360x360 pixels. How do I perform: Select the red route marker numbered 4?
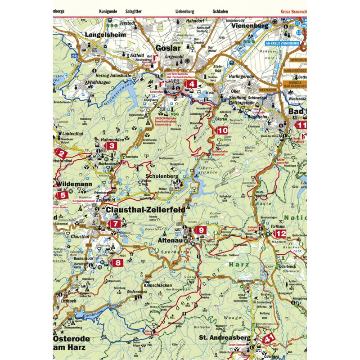click(192, 84)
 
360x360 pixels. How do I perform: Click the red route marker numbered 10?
click(222, 130)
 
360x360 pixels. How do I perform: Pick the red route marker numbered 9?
click(201, 230)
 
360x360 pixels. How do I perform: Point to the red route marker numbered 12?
click(280, 234)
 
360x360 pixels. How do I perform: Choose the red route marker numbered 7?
click(116, 223)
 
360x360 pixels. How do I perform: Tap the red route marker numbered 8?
click(118, 263)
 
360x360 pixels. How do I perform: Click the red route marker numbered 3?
click(112, 145)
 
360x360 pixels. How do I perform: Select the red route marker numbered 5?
click(63, 195)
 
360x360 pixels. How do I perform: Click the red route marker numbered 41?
click(269, 339)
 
